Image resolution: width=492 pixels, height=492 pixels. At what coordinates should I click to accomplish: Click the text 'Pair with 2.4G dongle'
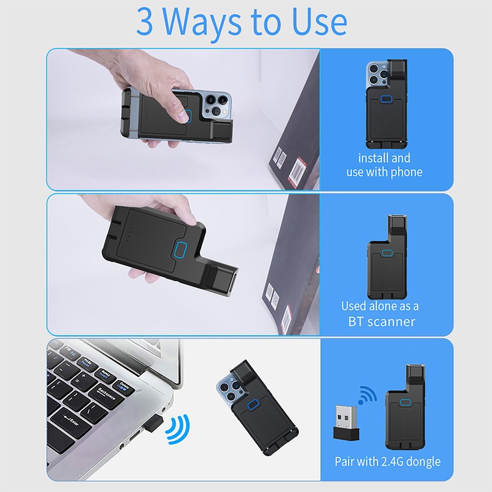pyautogui.click(x=387, y=461)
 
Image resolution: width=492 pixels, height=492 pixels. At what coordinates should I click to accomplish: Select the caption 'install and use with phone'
pyautogui.click(x=384, y=165)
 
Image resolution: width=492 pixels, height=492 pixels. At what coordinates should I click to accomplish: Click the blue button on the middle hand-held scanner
pyautogui.click(x=180, y=250)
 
